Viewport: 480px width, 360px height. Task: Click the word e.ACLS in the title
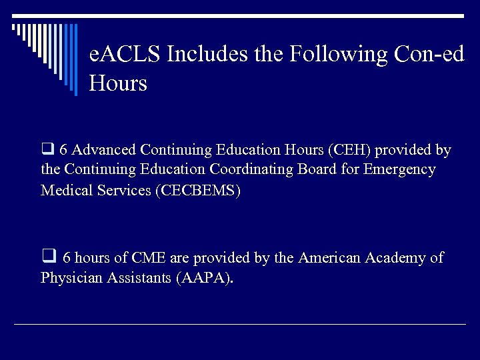point(125,54)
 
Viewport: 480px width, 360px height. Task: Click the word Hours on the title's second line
point(118,84)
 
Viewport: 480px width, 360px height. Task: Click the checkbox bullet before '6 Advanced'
point(47,149)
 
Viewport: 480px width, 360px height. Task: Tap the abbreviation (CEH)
point(340,150)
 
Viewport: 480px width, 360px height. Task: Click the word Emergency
point(399,170)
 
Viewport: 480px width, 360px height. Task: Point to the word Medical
point(65,191)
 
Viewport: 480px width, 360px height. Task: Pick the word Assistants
point(139,278)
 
